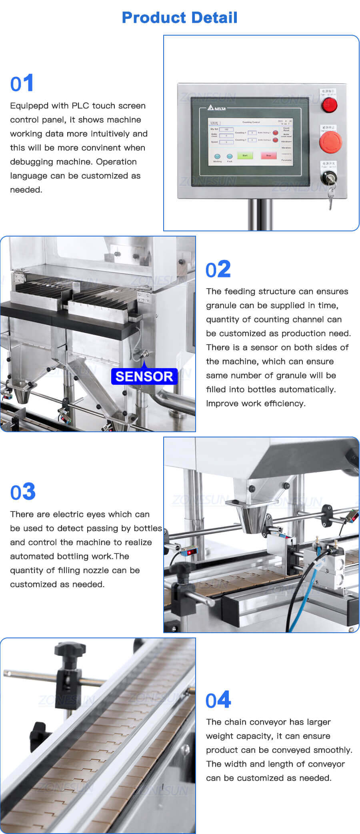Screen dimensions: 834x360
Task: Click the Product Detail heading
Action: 180,18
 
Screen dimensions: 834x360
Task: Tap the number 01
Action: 22,84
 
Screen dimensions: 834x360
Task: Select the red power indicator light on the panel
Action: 330,104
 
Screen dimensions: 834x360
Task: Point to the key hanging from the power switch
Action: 330,198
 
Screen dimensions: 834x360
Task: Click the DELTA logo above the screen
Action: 217,108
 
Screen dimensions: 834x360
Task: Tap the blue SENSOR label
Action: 144,377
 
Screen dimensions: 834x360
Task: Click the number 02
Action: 218,269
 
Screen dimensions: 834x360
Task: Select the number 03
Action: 23,492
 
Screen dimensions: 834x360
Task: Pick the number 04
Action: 218,700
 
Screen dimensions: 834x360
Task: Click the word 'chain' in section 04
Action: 235,722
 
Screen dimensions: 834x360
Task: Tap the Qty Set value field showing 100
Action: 226,129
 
